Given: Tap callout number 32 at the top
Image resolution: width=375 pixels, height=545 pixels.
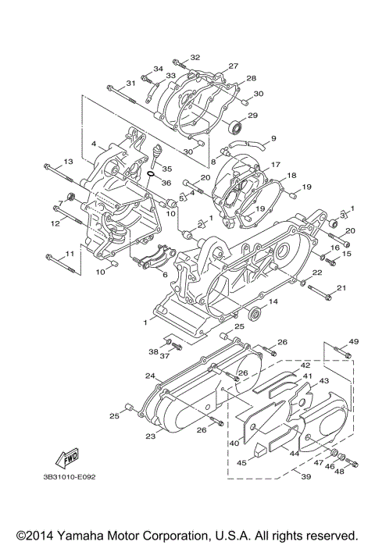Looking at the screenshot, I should tap(195, 57).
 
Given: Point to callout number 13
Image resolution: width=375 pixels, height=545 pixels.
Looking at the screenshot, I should tap(68, 161).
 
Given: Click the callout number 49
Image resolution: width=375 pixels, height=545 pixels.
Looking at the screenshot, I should tap(353, 342).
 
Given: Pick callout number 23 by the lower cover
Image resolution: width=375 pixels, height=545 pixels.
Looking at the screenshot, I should tap(150, 436).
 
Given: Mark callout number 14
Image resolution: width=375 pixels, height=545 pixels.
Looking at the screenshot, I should tap(273, 301).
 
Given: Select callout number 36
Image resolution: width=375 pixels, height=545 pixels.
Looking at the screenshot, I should tap(166, 183).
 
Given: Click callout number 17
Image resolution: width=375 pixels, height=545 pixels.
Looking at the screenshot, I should tap(275, 166).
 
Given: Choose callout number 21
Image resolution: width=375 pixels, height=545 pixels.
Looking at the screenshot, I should tap(340, 288).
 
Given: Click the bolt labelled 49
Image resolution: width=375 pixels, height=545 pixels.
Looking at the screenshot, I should tap(341, 356).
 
